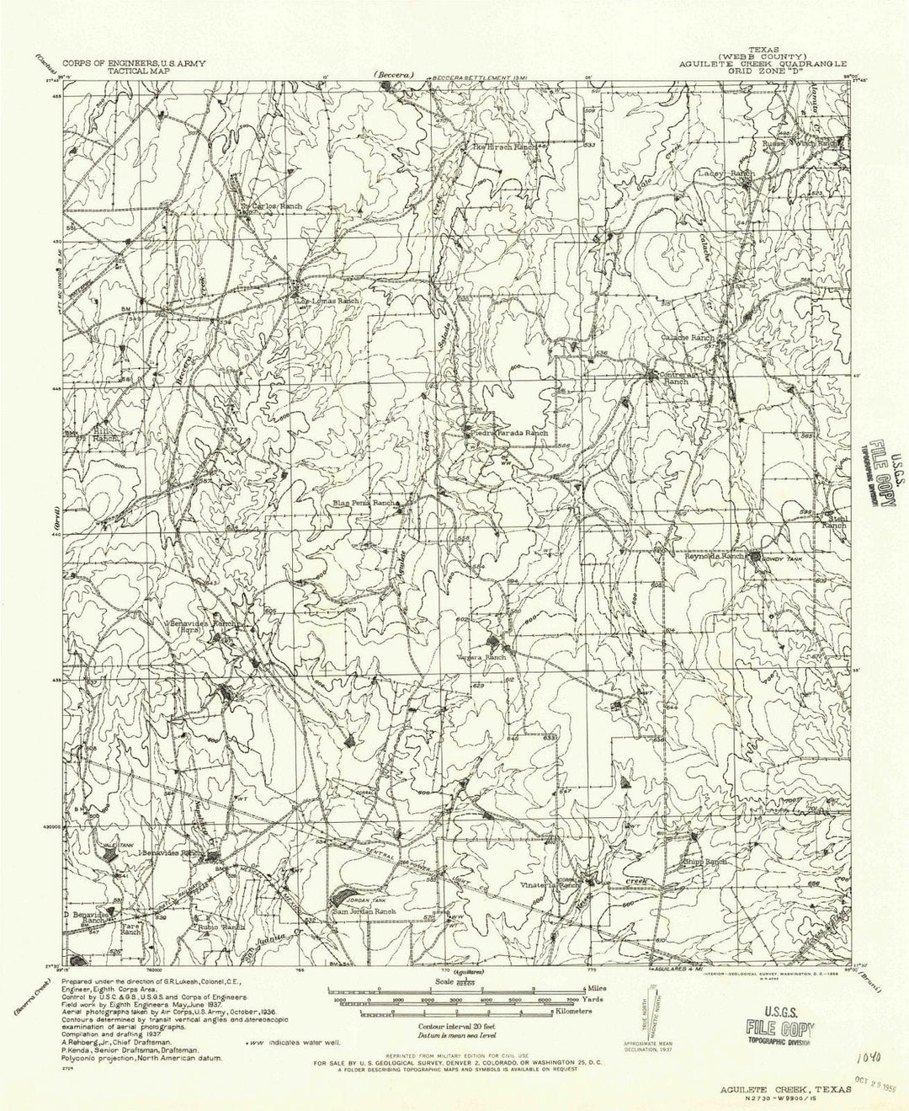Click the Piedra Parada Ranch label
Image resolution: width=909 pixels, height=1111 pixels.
tap(508, 433)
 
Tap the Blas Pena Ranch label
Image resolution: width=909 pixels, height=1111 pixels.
tap(364, 503)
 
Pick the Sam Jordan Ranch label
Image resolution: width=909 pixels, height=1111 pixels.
tap(363, 911)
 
